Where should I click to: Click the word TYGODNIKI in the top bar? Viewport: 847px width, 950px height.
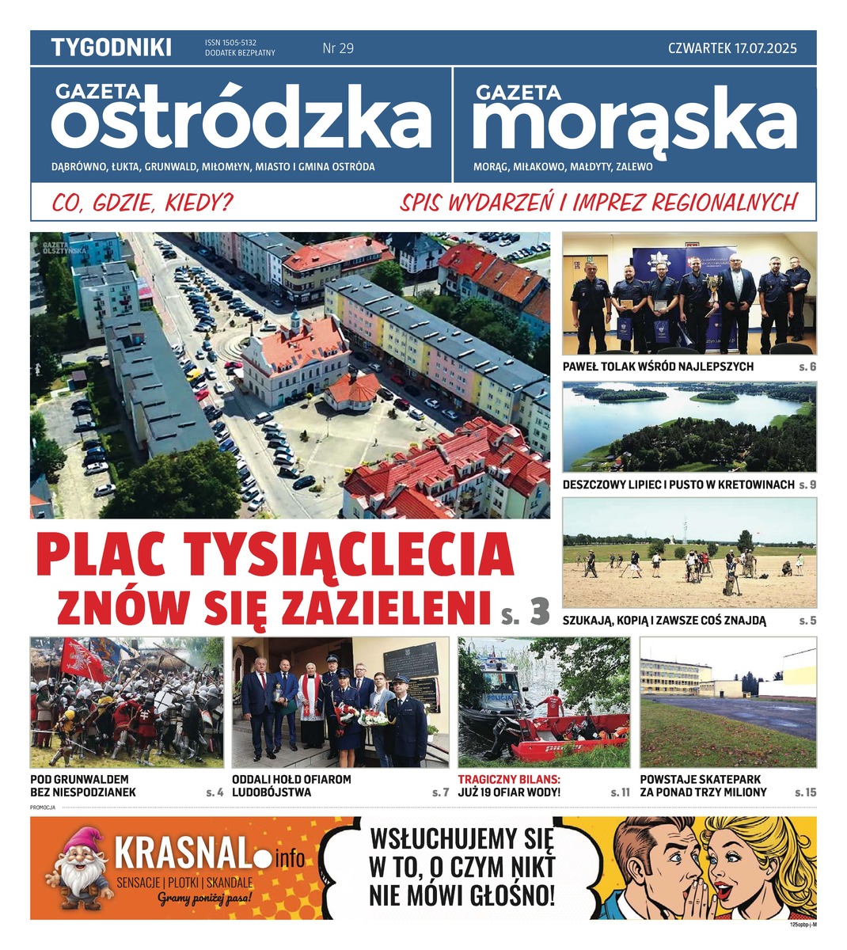(x=111, y=47)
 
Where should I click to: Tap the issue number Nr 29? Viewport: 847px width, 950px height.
(x=338, y=48)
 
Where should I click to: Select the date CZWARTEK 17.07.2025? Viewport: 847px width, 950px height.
(x=731, y=48)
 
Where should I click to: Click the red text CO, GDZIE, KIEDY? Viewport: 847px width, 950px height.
(x=142, y=203)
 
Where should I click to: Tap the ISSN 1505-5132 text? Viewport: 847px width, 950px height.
(x=236, y=43)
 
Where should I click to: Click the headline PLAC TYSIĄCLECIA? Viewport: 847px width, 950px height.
(x=275, y=555)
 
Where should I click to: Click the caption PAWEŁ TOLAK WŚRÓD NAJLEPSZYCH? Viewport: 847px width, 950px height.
(x=658, y=367)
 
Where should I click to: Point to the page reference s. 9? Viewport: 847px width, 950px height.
(x=807, y=484)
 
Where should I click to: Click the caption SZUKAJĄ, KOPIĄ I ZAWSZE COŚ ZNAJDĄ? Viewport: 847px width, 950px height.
(x=664, y=621)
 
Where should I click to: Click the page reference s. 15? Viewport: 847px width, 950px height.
(x=805, y=792)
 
